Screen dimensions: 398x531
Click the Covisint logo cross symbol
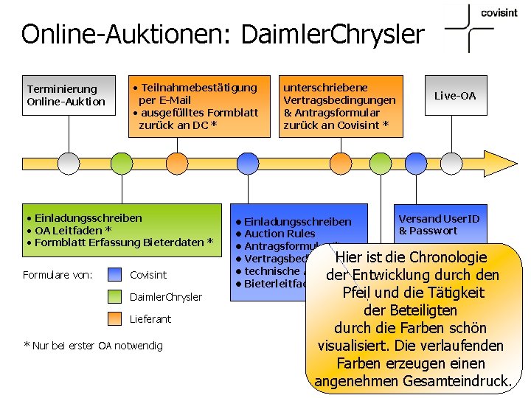tap(469, 28)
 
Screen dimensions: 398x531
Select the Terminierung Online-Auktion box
tap(69, 96)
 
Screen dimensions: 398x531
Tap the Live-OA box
tap(455, 96)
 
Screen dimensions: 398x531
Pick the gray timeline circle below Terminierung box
tap(69, 163)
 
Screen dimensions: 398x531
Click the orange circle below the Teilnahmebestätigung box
tap(177, 163)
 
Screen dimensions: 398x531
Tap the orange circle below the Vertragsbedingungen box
tap(340, 163)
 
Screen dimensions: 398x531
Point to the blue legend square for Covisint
tap(115, 275)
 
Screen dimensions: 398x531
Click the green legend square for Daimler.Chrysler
tap(115, 297)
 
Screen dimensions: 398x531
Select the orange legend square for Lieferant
tap(115, 319)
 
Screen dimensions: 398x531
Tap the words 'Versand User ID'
tap(439, 219)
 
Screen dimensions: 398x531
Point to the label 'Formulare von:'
tap(58, 275)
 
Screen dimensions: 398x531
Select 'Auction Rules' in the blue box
tap(280, 234)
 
